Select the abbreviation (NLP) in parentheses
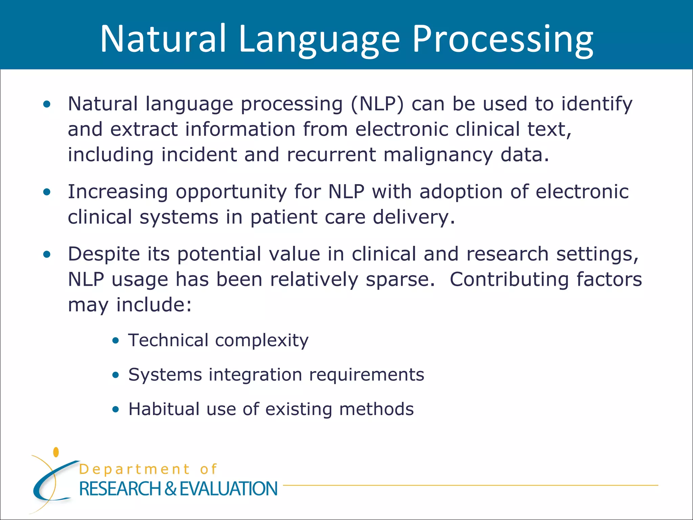(377, 104)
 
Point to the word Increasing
(118, 192)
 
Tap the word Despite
(104, 254)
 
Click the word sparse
(400, 280)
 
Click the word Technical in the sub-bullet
(168, 340)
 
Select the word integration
(255, 375)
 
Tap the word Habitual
(164, 409)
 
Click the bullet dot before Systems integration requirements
(116, 375)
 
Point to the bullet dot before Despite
(47, 254)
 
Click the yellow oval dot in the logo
(56, 452)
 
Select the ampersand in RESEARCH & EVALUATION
(171, 489)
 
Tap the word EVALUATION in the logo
(228, 489)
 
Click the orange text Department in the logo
(134, 470)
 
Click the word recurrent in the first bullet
(331, 155)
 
